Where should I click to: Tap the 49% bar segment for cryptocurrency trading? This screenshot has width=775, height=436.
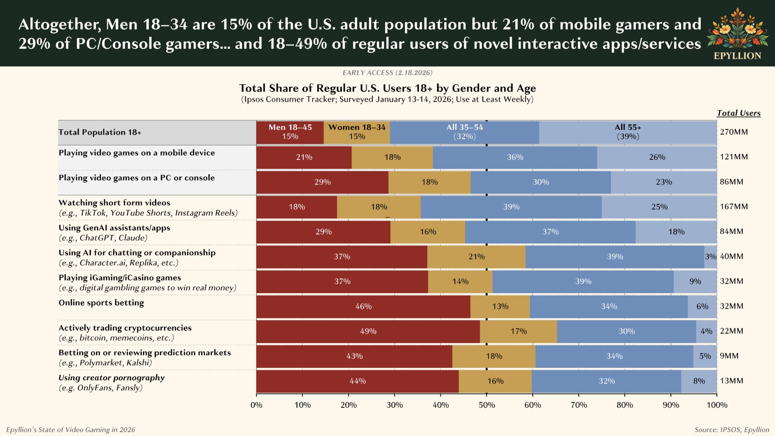tap(368, 331)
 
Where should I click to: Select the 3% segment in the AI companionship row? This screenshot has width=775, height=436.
tap(710, 257)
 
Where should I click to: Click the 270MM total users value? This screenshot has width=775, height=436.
tap(734, 132)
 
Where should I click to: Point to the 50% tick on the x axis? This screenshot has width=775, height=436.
tap(486, 405)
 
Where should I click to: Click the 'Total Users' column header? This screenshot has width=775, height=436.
tap(738, 113)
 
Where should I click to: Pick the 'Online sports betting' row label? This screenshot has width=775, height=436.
tap(101, 303)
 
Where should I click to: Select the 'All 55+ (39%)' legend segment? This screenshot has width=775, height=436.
tap(628, 132)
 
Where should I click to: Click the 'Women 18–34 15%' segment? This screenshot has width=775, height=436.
tap(357, 132)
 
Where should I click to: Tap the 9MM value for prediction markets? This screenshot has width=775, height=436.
tap(729, 356)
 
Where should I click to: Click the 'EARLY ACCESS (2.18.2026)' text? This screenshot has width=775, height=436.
tap(387, 73)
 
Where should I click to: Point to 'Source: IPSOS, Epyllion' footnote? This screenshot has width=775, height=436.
tap(731, 430)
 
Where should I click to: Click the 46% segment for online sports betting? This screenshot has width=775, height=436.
tap(363, 306)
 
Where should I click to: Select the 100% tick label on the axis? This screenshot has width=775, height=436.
tap(717, 405)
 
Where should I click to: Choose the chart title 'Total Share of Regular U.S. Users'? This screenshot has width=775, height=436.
tap(387, 88)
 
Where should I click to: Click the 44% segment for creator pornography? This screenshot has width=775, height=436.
tap(357, 381)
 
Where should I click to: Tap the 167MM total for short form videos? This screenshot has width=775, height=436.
tap(734, 207)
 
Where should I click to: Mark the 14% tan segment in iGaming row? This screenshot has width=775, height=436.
tap(460, 281)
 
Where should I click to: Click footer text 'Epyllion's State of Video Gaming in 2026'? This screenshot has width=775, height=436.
tap(71, 430)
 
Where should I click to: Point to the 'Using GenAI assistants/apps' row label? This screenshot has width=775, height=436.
tap(114, 228)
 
